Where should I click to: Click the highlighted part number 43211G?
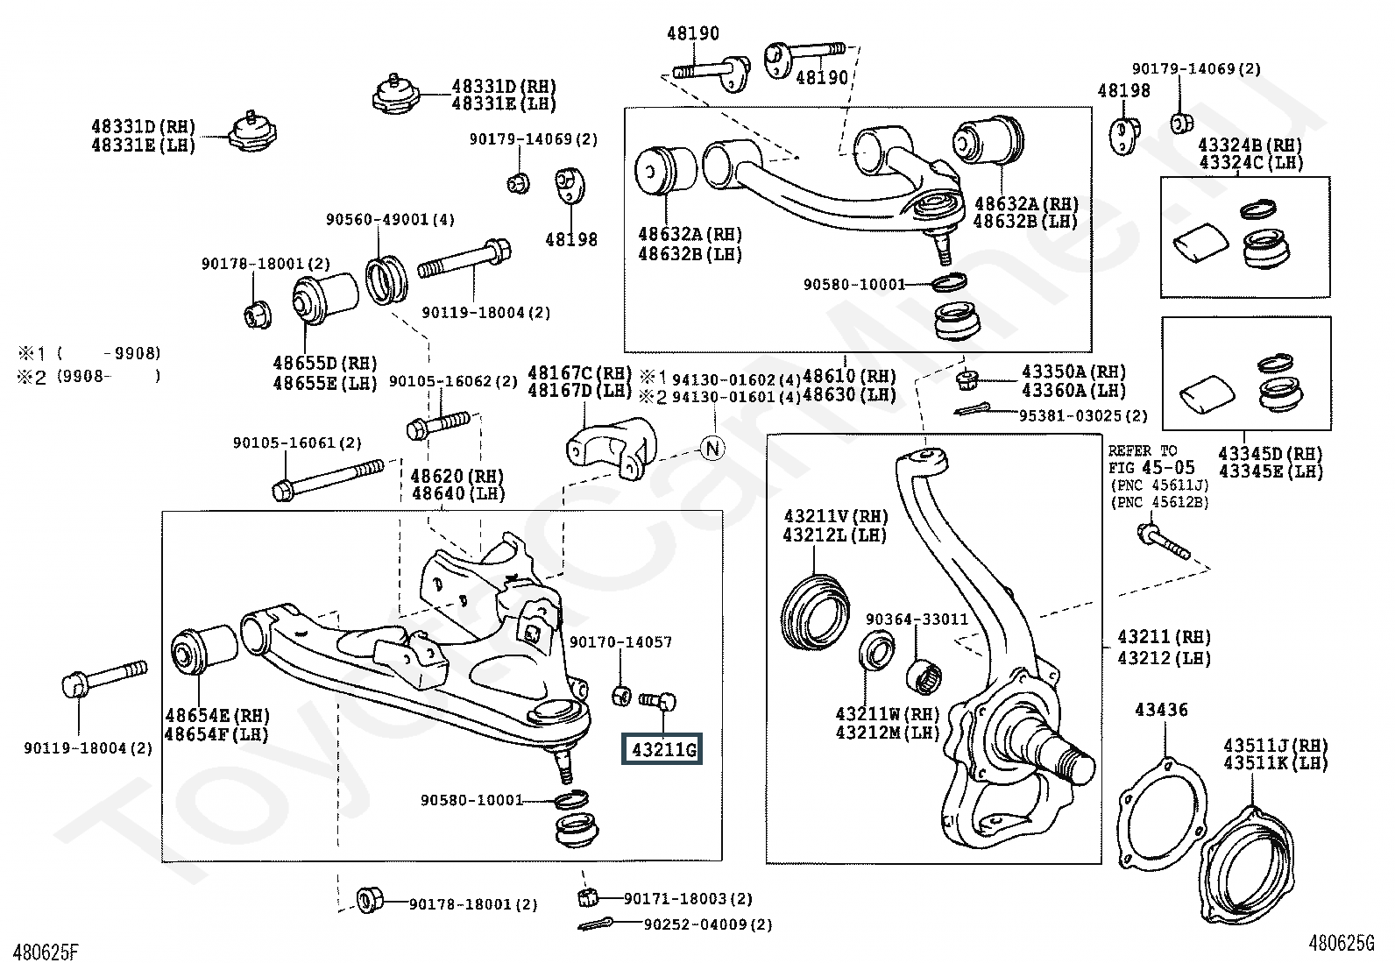662,750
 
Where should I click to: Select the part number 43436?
1161,709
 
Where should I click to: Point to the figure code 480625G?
1342,943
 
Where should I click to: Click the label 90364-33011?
917,619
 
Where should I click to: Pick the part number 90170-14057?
621,642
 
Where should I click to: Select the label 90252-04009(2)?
708,924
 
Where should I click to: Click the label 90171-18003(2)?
688,898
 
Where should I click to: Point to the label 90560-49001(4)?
391,220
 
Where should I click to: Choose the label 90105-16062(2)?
454,381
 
